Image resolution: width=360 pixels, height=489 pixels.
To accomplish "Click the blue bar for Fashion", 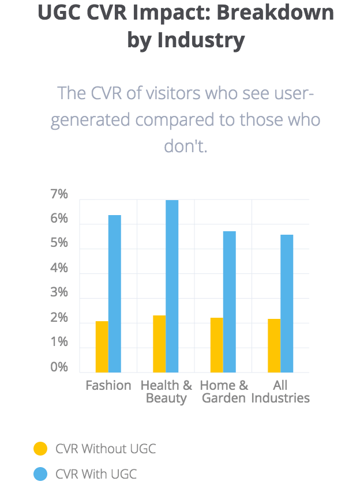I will (115, 294).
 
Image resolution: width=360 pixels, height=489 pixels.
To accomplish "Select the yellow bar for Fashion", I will (102, 347).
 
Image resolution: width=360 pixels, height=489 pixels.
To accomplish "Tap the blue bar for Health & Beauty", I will (172, 286).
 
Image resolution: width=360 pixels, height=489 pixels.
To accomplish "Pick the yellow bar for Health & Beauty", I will (159, 344).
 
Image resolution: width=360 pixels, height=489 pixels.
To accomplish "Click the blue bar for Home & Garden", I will (230, 302).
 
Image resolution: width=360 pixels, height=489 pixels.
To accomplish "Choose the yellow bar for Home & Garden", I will (217, 345).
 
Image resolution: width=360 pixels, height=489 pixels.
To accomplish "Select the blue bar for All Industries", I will (287, 303).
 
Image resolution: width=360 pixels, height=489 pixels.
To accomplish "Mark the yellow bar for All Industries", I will (274, 345).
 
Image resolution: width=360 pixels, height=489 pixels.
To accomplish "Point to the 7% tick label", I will (59, 195).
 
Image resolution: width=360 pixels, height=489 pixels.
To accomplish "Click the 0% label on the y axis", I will (59, 367).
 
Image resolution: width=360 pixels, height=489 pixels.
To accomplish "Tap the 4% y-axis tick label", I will (59, 269).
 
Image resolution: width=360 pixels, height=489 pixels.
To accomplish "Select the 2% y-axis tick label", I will (59, 318).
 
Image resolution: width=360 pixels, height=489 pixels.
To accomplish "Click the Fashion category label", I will (108, 385).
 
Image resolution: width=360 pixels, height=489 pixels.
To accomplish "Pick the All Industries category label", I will (281, 392).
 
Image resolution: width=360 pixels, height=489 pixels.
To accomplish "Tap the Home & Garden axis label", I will (224, 392).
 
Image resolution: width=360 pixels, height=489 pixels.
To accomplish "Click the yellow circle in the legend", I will (40, 449).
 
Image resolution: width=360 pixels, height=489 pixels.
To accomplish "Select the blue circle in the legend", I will (40, 474).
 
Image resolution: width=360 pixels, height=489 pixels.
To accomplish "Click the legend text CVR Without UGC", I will (106, 449).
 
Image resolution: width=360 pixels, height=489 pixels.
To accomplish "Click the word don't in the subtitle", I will (185, 146).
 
